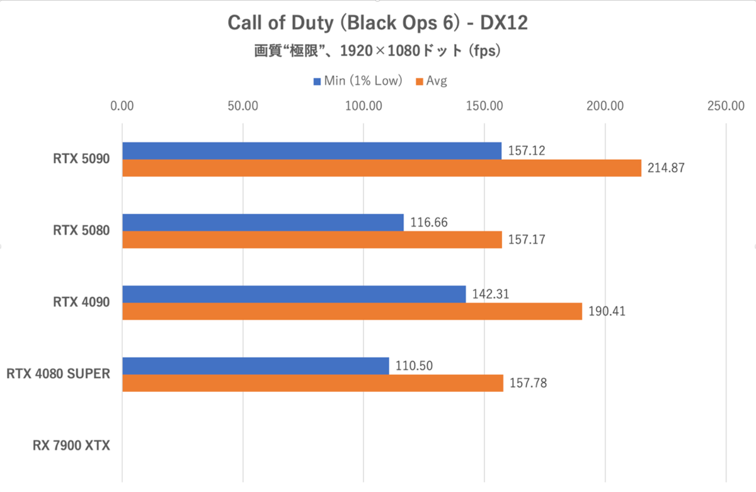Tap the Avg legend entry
431,81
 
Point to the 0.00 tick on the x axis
122,106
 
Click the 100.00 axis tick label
364,106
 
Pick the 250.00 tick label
726,106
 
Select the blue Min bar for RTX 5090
312,151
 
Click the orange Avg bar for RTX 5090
381,168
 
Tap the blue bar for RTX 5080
263,222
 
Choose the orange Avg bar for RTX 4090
352,311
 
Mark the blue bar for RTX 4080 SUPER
255,365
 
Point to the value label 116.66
429,222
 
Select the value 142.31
491,294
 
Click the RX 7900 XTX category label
71,446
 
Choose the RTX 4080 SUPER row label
59,374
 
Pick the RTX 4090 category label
81,302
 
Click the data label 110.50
415,365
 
